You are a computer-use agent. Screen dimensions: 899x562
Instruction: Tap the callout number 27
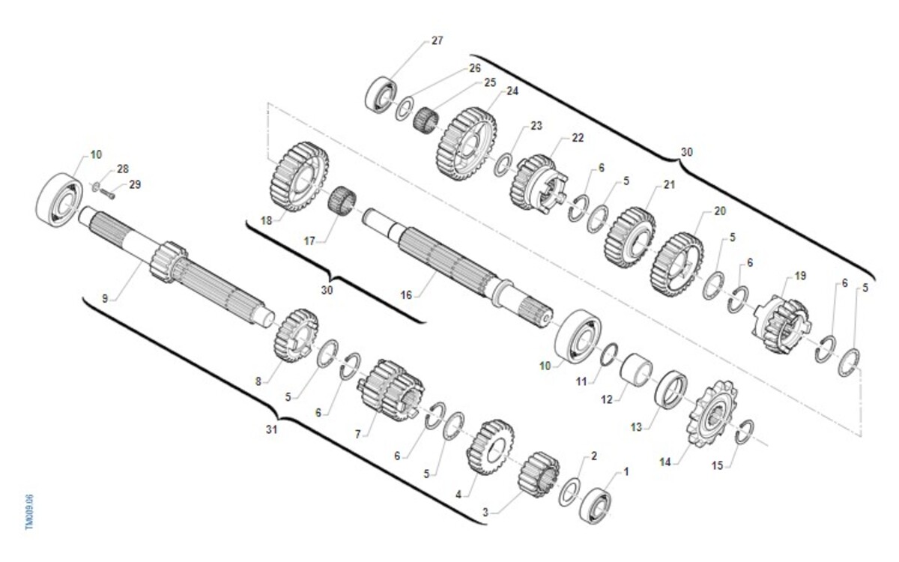pos(437,40)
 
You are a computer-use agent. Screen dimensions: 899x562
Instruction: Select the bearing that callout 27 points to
pos(381,94)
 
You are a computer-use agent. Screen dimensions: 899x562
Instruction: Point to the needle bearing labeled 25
pos(426,118)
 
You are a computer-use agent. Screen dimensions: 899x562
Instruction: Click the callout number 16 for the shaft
pos(406,295)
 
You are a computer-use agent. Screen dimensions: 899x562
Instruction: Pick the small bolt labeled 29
pos(107,194)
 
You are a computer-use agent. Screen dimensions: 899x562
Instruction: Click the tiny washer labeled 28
pos(96,187)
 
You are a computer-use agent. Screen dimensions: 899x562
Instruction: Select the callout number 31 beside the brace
pos(272,429)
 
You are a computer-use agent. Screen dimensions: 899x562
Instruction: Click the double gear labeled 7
pos(390,391)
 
